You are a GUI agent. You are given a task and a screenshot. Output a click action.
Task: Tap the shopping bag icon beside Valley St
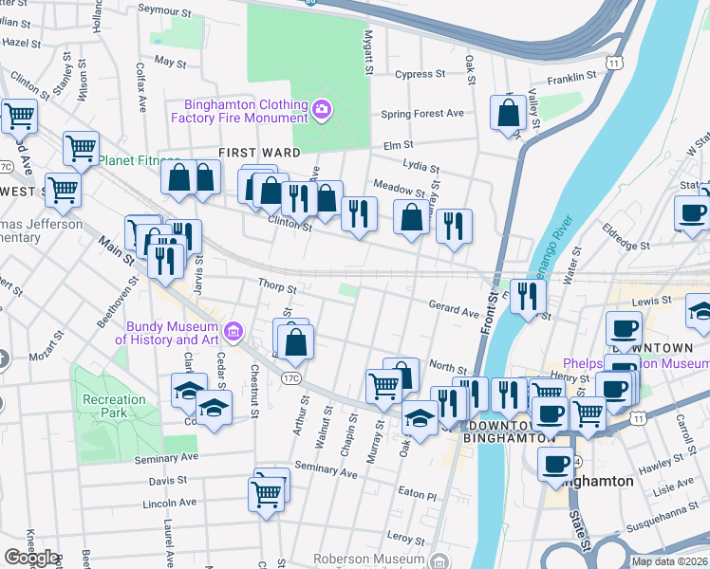click(509, 112)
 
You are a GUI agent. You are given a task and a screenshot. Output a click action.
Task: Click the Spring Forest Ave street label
click(421, 113)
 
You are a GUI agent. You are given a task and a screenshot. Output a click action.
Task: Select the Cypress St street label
click(420, 74)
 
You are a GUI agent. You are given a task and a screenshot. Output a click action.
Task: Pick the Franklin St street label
click(571, 74)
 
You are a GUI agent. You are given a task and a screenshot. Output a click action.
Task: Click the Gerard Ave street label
click(454, 310)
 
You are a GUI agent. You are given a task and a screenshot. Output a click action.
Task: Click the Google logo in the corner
click(31, 558)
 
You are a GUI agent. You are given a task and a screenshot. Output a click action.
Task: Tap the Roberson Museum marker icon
click(438, 560)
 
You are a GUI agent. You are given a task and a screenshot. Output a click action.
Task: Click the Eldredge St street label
click(652, 245)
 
